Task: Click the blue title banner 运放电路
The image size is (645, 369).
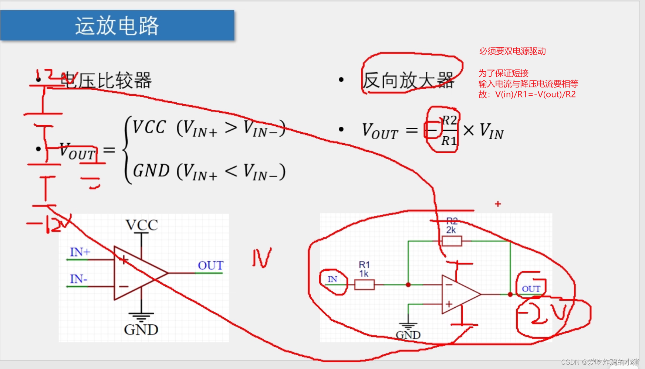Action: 117,25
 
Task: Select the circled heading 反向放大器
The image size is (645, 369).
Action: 408,80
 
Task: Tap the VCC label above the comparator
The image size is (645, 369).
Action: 142,225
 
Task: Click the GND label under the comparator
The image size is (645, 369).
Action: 141,329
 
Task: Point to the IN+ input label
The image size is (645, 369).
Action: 80,252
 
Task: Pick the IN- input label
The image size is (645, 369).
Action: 78,279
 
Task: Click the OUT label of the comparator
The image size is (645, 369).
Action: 210,265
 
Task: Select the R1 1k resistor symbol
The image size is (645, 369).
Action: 364,284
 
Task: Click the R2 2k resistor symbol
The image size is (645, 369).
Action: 452,241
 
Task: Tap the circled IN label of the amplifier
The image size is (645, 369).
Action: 332,280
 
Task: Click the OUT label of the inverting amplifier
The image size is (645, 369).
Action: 531,289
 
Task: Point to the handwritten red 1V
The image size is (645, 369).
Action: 262,257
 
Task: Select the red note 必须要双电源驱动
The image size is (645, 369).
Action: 512,51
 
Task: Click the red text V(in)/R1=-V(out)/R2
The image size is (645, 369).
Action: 535,95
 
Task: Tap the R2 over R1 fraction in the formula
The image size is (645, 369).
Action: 449,130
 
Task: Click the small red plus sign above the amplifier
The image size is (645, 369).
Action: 498,204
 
